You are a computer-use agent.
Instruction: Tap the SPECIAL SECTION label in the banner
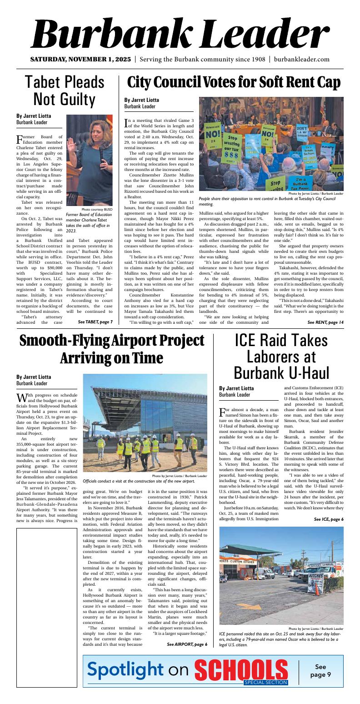point(265,683)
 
